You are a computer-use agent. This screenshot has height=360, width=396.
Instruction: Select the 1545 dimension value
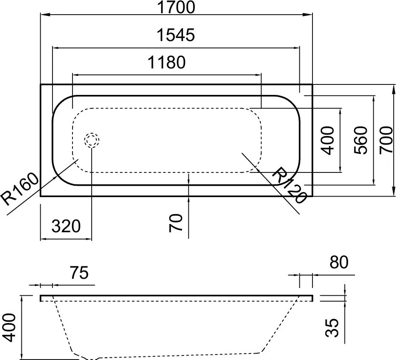click(176, 35)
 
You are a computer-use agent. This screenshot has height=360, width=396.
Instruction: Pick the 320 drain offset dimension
click(66, 226)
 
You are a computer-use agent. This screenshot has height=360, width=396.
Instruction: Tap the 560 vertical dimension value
click(361, 140)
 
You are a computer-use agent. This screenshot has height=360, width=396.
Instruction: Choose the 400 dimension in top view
click(328, 140)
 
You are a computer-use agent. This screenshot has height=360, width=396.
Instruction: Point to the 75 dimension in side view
click(79, 274)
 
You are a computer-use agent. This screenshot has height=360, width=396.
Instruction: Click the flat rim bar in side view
click(176, 298)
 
